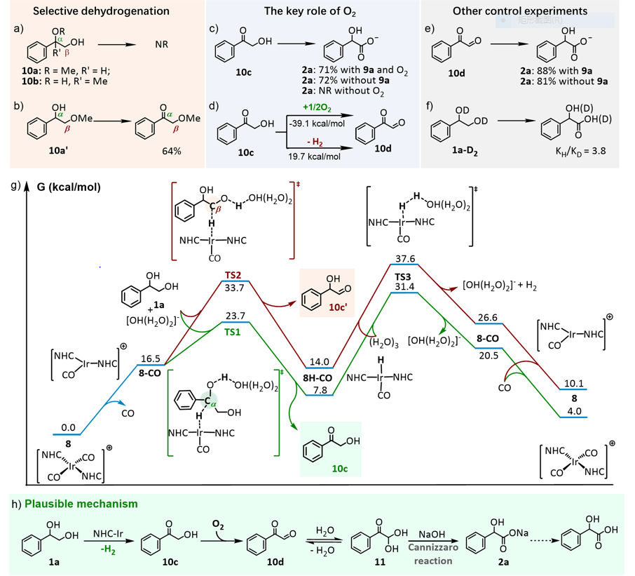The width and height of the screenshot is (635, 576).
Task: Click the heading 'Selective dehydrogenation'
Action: pyautogui.click(x=102, y=12)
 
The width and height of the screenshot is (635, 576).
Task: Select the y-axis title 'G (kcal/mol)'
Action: pyautogui.click(x=69, y=188)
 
